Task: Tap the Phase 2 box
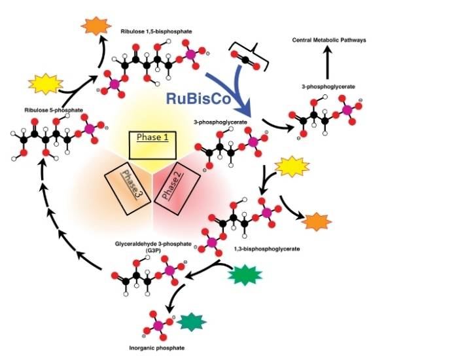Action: [175, 183]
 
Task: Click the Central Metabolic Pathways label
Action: [329, 41]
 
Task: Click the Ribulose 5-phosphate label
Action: [54, 110]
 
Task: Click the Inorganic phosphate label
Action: [162, 348]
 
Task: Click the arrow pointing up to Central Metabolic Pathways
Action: [328, 64]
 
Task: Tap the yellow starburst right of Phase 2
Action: [292, 168]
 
